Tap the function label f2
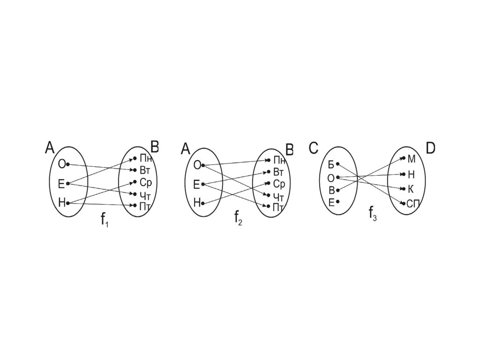239,218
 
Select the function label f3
373,214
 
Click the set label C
314,149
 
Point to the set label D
430,149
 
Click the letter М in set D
412,158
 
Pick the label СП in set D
412,203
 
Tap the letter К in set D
411,189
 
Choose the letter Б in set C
331,165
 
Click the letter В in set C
331,190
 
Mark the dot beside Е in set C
338,202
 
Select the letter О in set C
330,178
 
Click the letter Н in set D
411,174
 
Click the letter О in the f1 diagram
61,164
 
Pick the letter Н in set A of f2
196,203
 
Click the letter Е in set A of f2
196,185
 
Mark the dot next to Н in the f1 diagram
68,203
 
